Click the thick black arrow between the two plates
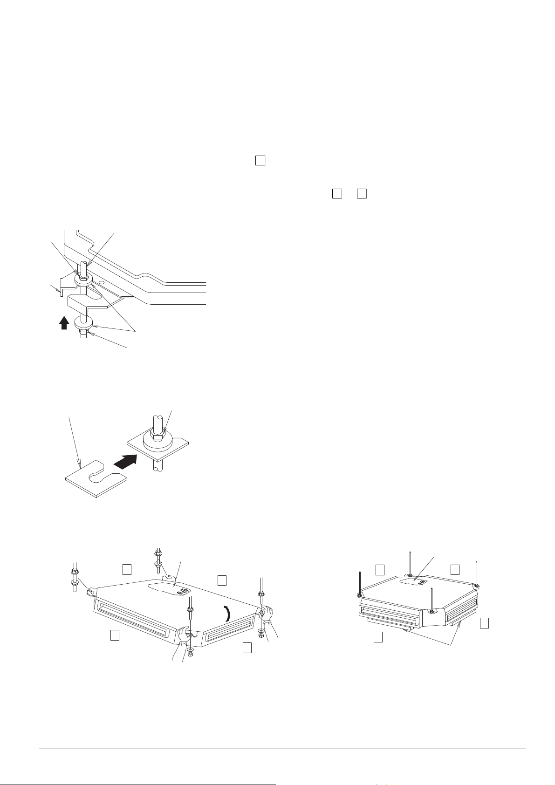(126, 462)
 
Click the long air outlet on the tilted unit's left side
(132, 615)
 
